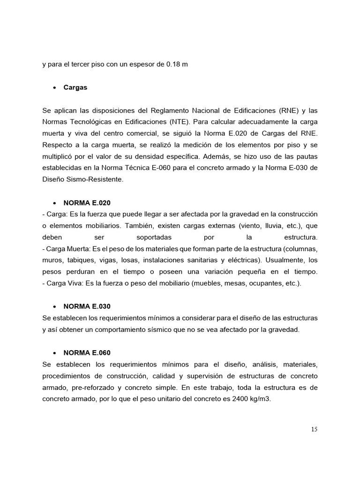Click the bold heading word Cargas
pyautogui.click(x=75, y=88)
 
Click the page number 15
pyautogui.click(x=314, y=429)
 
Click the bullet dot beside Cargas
pyautogui.click(x=55, y=88)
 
